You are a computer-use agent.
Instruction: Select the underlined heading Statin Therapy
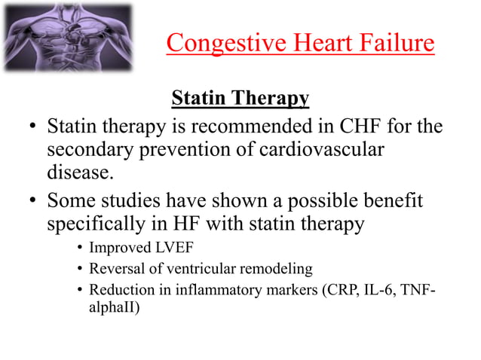click(x=240, y=99)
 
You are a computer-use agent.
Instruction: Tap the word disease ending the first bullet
click(x=79, y=175)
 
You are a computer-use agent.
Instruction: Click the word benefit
click(x=387, y=201)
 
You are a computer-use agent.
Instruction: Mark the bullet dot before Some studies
click(x=34, y=201)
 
